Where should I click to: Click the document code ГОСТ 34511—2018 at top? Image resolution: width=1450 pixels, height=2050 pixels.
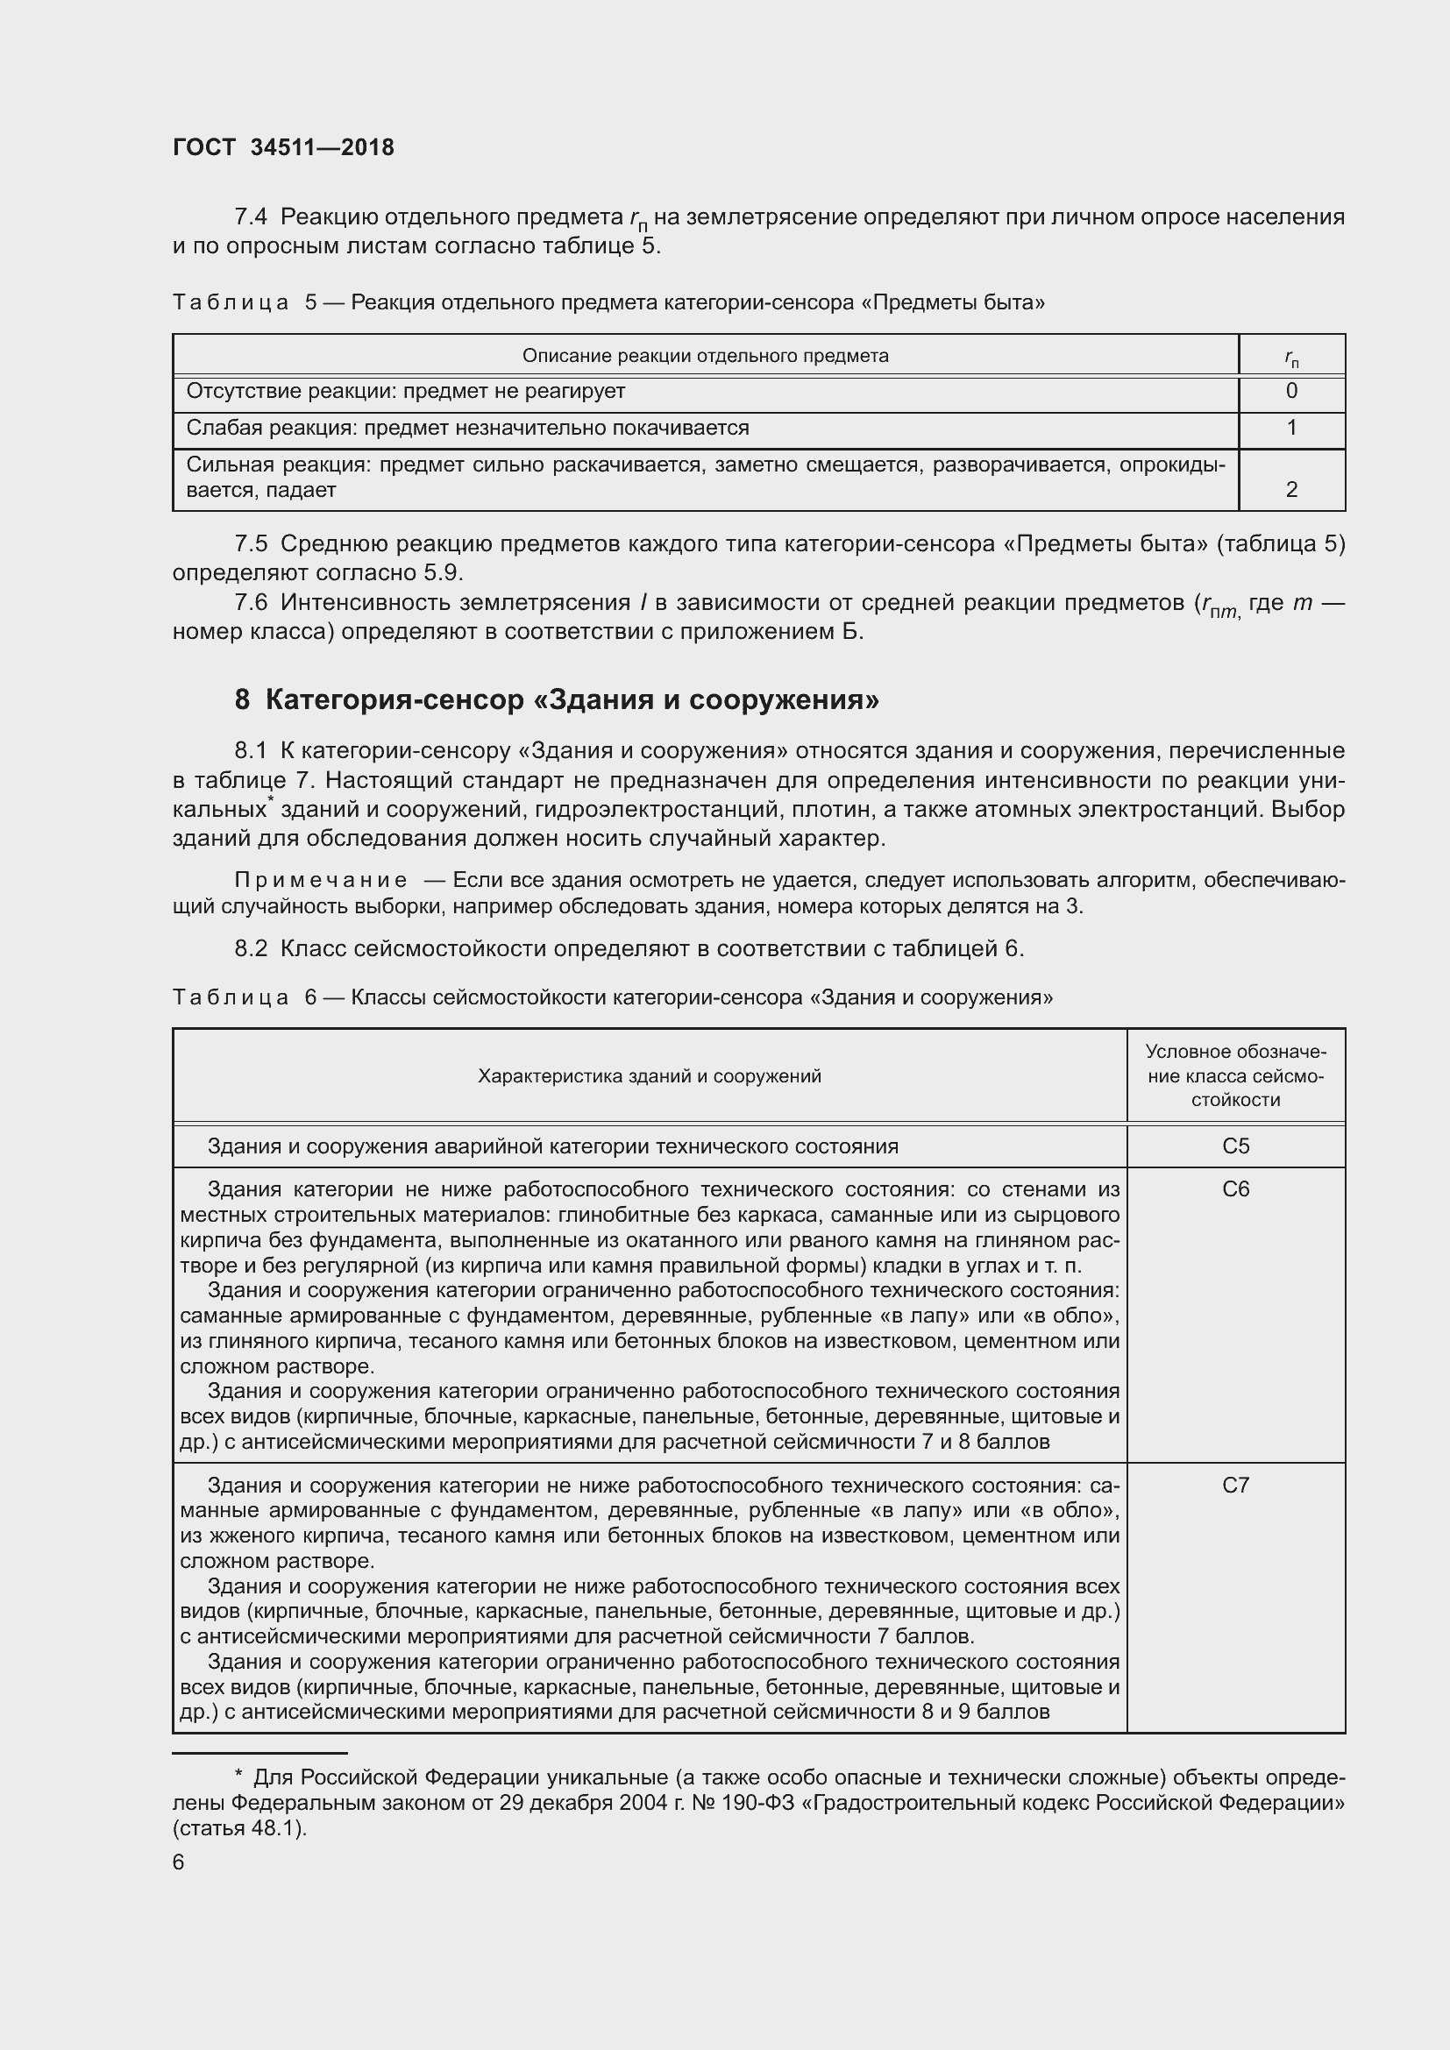point(283,147)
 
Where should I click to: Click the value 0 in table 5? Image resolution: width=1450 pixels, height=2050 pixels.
point(1291,391)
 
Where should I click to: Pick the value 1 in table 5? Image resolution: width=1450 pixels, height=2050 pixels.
point(1291,428)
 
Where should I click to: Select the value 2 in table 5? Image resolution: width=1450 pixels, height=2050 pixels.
point(1291,489)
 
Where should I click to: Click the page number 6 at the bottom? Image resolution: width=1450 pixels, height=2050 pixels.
point(179,1862)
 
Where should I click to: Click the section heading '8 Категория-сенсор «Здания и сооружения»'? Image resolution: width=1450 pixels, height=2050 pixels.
point(557,700)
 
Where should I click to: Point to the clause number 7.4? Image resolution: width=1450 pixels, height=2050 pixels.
point(251,217)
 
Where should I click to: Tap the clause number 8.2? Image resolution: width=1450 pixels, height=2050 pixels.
point(251,948)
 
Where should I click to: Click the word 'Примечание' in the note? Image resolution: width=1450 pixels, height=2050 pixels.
point(321,880)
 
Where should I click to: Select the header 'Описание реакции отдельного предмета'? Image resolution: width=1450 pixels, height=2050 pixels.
point(705,356)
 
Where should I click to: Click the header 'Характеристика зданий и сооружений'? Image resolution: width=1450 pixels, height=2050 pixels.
point(649,1076)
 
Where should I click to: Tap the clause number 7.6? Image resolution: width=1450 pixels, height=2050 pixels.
point(251,604)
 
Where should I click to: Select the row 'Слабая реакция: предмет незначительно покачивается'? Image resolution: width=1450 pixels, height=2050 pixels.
point(467,428)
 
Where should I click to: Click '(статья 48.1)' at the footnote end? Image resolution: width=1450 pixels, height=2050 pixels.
point(239,1827)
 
